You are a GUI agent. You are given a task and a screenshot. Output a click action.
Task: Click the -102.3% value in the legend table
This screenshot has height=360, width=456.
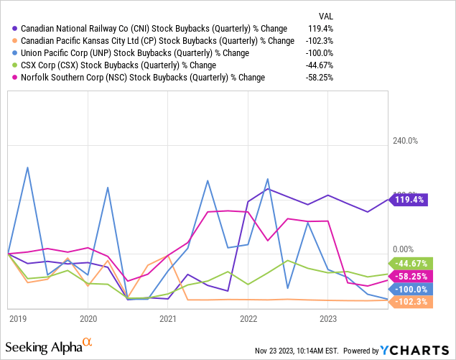pyautogui.click(x=320, y=41)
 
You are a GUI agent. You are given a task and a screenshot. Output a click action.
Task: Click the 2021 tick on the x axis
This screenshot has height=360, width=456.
pyautogui.click(x=168, y=316)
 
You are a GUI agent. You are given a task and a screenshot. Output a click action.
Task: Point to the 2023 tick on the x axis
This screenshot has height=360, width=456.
pyautogui.click(x=328, y=316)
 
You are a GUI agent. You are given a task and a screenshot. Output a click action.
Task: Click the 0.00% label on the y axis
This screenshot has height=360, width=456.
pyautogui.click(x=403, y=249)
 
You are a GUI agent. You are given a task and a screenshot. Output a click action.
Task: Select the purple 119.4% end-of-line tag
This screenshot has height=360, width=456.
pyautogui.click(x=408, y=200)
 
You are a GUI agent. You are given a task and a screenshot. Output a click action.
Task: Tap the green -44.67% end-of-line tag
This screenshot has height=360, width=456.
pyautogui.click(x=408, y=264)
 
